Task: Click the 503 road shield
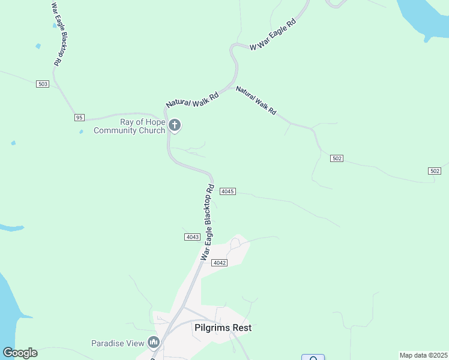click(42, 84)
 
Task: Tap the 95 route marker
click(79, 117)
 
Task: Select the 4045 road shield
click(228, 191)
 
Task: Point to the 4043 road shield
click(192, 237)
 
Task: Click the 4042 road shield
click(220, 263)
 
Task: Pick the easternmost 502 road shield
click(435, 171)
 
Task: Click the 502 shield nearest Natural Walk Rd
click(336, 158)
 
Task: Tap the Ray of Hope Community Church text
click(129, 126)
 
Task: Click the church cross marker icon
click(175, 125)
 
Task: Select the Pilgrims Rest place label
click(223, 328)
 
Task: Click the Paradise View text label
click(118, 343)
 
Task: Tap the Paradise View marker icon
click(154, 343)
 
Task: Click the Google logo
click(20, 353)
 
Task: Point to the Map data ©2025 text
click(424, 355)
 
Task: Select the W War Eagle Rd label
click(273, 34)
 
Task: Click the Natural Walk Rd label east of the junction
click(256, 100)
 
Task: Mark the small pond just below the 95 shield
click(80, 131)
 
